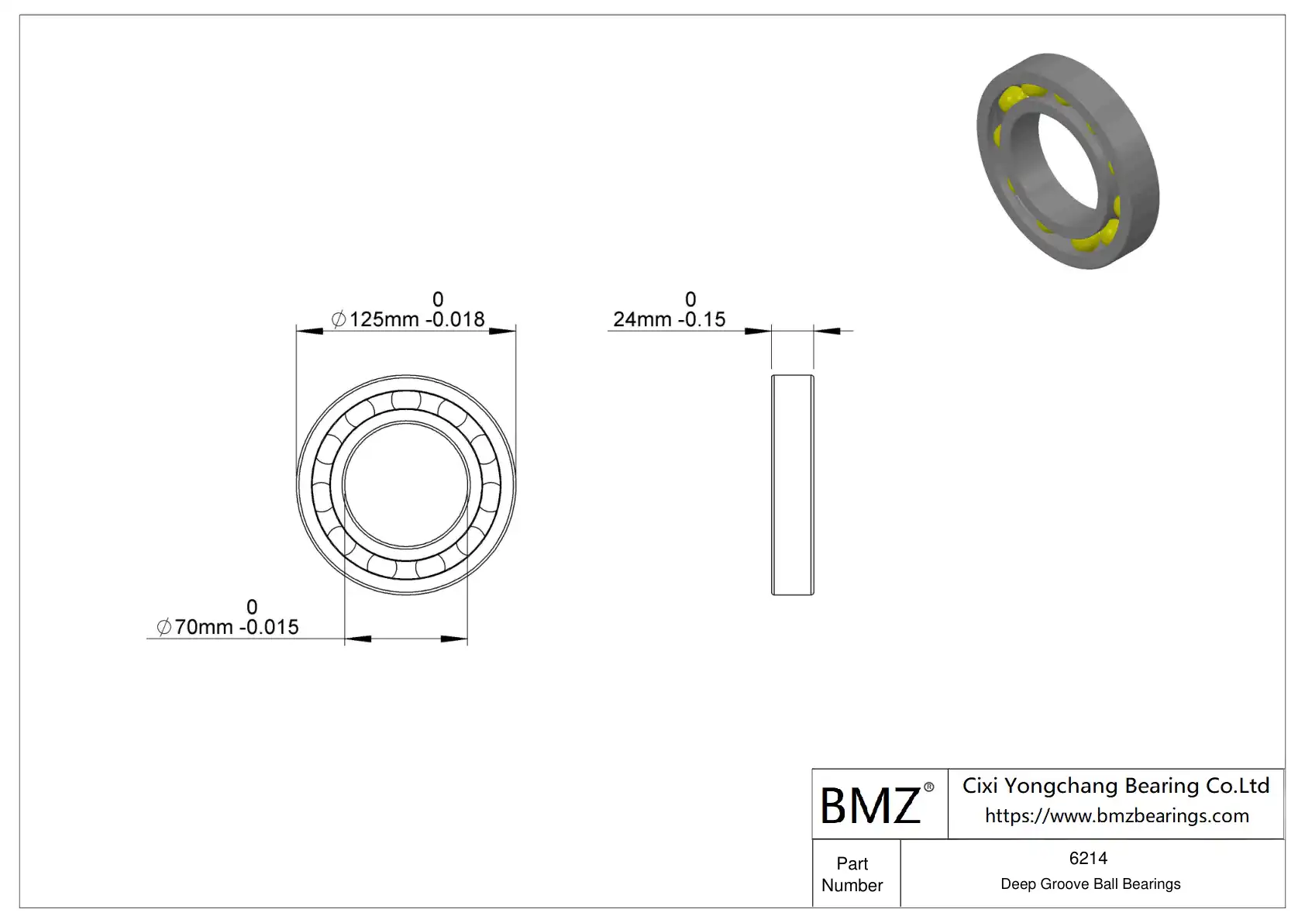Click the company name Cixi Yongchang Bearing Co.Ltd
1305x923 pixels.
pos(1116,787)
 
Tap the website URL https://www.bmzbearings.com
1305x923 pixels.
pos(1117,816)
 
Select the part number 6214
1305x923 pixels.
pos(1088,859)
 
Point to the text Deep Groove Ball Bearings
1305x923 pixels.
pos(1090,884)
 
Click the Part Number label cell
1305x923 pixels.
pos(852,874)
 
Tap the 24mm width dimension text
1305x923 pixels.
pos(669,319)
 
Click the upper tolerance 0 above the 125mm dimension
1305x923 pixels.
pos(438,299)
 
